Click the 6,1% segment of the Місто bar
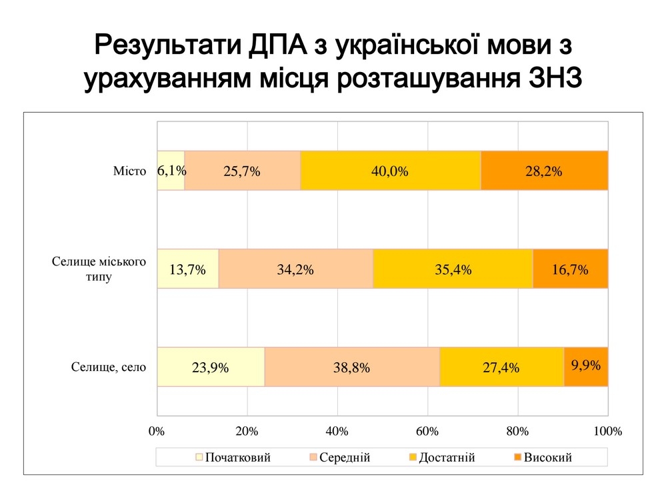(x=171, y=171)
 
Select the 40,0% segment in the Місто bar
(x=390, y=171)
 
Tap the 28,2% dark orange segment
(x=543, y=171)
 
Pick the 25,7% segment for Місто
(x=242, y=171)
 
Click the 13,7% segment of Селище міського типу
(x=187, y=270)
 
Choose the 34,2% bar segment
(x=295, y=270)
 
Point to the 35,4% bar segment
(x=453, y=270)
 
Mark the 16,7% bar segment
(x=570, y=270)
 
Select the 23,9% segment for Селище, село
(x=211, y=367)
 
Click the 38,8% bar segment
(x=352, y=367)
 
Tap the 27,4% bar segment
(x=501, y=367)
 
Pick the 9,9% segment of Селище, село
(x=586, y=367)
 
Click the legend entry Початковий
(x=233, y=458)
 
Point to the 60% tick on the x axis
(x=427, y=431)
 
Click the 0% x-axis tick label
(x=157, y=431)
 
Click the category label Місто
(x=129, y=171)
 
